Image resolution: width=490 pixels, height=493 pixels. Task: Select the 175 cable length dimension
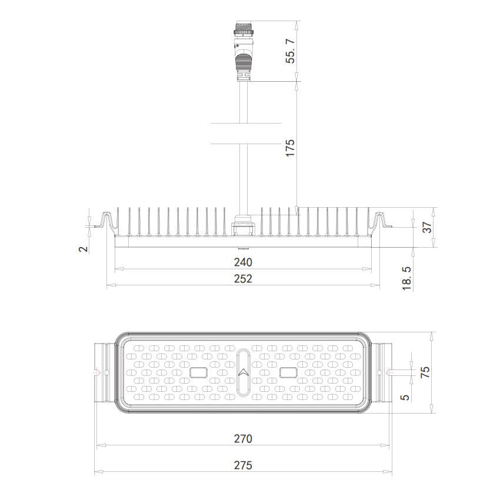(290, 147)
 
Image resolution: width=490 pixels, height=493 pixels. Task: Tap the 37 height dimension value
(428, 226)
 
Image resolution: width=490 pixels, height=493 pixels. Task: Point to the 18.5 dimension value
(407, 277)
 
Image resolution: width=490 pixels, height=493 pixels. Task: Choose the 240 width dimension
(243, 262)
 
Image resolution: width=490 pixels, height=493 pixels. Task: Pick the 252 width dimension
(243, 278)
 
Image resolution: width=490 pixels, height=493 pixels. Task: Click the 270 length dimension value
(243, 438)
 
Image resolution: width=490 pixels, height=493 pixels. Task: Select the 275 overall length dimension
(243, 465)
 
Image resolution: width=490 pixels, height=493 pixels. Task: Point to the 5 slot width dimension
(405, 397)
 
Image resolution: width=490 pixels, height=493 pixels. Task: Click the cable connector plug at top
(242, 50)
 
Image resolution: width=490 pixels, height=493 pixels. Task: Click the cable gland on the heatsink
(243, 225)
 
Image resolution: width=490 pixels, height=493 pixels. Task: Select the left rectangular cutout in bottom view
(199, 372)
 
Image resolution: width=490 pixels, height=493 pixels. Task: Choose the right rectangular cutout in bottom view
(289, 372)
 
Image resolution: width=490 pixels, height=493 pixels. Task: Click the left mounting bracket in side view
(106, 222)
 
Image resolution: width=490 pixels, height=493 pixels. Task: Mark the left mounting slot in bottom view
(97, 372)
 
